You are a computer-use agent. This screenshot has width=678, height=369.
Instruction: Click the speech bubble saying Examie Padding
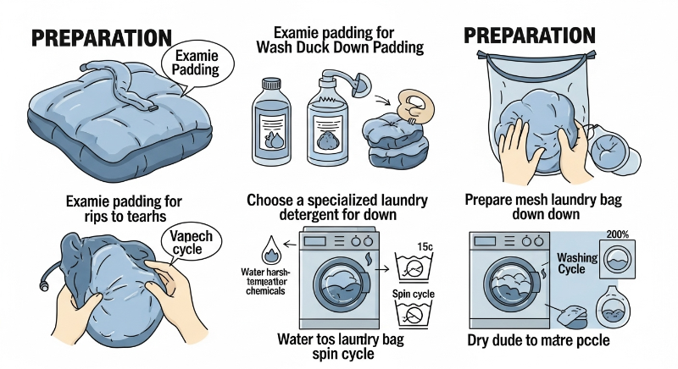click(x=197, y=63)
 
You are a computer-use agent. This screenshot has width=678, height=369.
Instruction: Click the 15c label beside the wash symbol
click(x=425, y=246)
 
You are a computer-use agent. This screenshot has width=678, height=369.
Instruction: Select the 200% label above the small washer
click(x=618, y=234)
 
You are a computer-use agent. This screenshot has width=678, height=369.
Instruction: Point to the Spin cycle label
click(x=414, y=294)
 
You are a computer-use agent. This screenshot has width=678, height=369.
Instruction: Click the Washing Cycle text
click(x=577, y=263)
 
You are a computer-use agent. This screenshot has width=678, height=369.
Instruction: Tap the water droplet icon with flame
click(x=271, y=250)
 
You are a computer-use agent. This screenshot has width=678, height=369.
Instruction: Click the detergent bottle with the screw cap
click(x=271, y=122)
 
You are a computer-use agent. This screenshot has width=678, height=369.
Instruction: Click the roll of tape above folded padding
click(x=415, y=105)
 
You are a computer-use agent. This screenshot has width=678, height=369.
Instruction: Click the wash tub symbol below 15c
click(x=414, y=267)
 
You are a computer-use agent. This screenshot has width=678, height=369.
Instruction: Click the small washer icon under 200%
click(x=617, y=259)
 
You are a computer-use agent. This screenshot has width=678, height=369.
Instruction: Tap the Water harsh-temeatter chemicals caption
click(x=265, y=281)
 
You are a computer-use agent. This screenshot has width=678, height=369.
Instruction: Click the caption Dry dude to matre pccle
click(x=538, y=340)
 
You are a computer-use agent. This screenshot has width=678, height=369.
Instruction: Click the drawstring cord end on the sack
click(x=43, y=286)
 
